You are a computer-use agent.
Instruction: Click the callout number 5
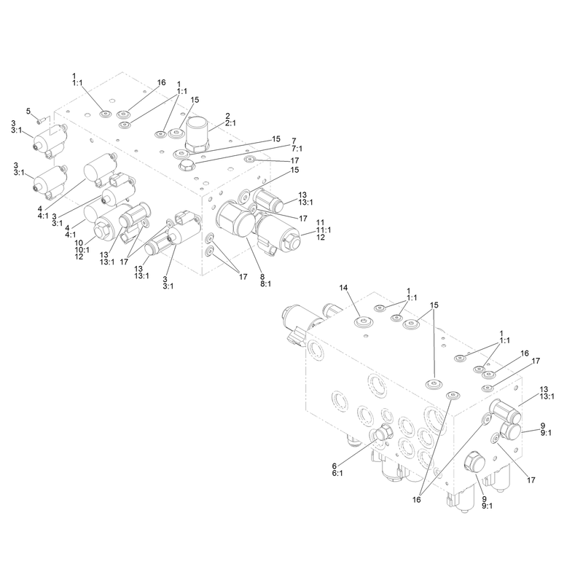click(x=28, y=111)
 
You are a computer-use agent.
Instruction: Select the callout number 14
click(x=343, y=287)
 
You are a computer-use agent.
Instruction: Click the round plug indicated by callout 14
click(x=363, y=322)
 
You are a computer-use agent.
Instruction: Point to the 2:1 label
click(x=230, y=123)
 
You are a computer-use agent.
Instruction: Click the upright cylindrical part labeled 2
click(x=197, y=134)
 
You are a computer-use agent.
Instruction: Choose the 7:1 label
click(x=297, y=149)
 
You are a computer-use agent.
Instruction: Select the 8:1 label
click(x=265, y=284)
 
